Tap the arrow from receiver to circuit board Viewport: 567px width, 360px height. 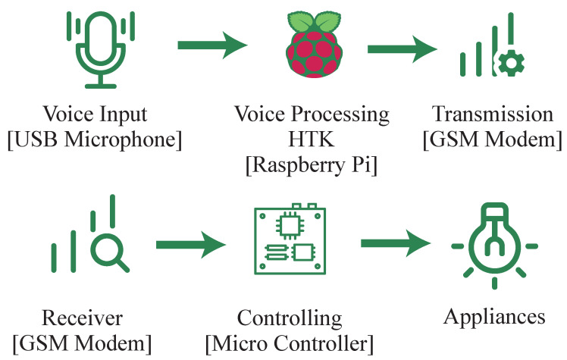(190, 244)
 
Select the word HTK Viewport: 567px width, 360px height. (312, 141)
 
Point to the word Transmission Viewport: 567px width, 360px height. (493, 115)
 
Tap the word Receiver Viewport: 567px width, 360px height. (83, 317)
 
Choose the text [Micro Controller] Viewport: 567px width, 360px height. (290, 343)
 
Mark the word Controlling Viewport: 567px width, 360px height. (290, 317)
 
